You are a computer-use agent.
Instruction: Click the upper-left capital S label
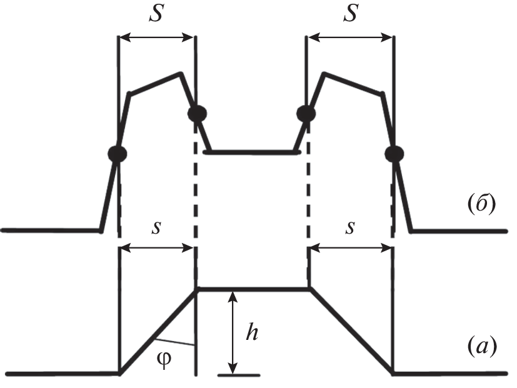(x=156, y=14)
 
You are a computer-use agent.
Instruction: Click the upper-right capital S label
(x=351, y=14)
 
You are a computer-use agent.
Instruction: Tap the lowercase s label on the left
(x=156, y=227)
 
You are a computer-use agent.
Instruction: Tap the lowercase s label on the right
(x=351, y=227)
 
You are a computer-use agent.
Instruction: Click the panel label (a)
(x=482, y=347)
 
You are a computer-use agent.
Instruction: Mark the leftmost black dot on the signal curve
(x=118, y=153)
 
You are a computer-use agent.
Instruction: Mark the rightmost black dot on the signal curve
(x=394, y=153)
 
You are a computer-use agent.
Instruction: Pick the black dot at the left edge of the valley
(x=197, y=114)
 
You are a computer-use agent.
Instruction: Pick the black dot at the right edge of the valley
(x=306, y=114)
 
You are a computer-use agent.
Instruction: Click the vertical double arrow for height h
(x=233, y=332)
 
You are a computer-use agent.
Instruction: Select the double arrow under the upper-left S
(x=156, y=37)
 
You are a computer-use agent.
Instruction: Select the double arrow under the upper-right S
(x=351, y=37)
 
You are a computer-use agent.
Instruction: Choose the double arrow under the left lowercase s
(x=156, y=248)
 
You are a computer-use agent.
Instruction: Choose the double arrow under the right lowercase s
(x=351, y=248)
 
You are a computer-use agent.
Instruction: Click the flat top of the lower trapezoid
(x=254, y=289)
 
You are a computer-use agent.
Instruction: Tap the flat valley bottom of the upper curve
(x=252, y=152)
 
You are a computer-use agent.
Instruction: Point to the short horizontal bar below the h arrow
(x=239, y=375)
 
